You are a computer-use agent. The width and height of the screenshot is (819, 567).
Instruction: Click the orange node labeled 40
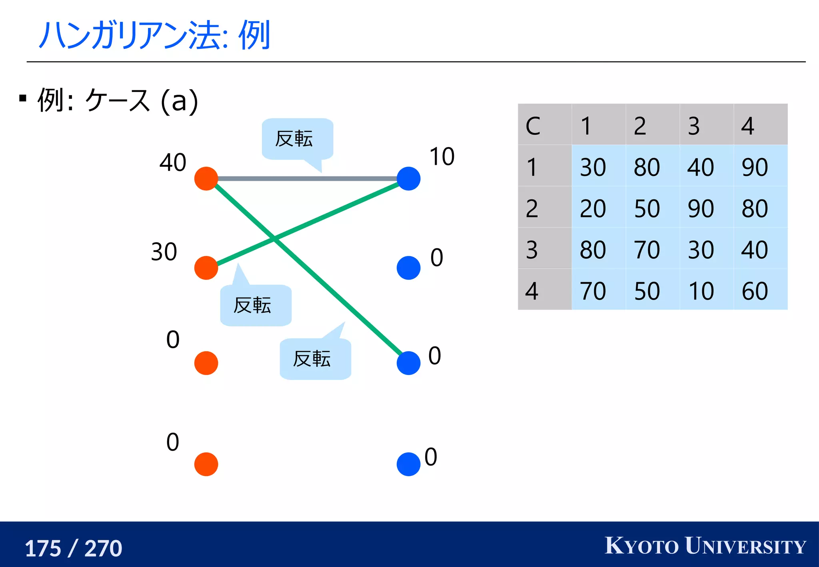pos(206,179)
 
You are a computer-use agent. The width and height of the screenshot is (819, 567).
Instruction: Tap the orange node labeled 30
pos(206,268)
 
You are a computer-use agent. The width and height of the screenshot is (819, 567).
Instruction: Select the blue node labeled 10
pos(408,179)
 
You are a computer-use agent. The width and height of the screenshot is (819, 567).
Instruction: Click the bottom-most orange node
pos(206,464)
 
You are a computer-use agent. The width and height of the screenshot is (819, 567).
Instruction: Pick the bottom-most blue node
pos(408,464)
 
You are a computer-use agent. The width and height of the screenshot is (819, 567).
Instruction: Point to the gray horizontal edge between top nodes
pos(307,179)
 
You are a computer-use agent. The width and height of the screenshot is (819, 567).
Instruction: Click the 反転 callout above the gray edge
pos(297,139)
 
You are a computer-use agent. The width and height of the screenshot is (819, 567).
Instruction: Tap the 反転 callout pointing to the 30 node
pos(256,305)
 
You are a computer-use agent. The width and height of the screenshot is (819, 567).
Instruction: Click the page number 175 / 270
pos(73,548)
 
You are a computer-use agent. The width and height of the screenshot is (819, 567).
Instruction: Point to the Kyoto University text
pos(705,546)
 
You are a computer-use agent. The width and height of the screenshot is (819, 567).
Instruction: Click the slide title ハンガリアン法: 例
pos(154,35)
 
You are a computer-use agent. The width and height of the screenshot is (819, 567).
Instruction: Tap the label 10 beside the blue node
pos(442,156)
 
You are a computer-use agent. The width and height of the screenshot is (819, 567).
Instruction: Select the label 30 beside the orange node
pos(164,252)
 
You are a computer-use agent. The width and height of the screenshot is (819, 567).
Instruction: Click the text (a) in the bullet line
pos(179,101)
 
